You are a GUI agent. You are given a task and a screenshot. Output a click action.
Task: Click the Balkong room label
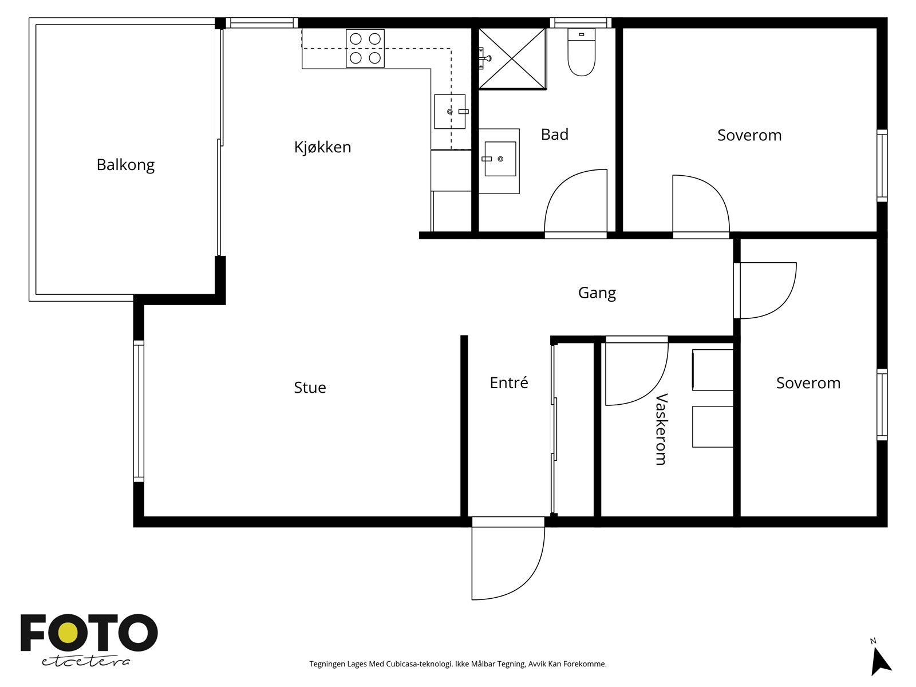pos(125,165)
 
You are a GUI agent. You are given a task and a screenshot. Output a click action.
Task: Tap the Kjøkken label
pos(322,147)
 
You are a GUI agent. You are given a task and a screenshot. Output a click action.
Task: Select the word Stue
pos(310,388)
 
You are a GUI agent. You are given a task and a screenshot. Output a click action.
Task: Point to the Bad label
pos(555,135)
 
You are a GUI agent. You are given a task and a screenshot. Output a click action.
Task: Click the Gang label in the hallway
pos(597,293)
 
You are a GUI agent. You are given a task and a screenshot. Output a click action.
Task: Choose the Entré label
pos(509,382)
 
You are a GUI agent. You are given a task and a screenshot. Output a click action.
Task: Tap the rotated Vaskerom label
pos(661,429)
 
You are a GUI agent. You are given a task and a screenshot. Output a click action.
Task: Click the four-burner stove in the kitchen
pos(365,49)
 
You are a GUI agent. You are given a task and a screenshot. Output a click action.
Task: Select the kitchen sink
pos(450,112)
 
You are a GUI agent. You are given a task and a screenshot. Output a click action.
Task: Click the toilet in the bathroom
pos(581,52)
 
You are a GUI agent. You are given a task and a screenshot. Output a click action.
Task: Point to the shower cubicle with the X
pos(512,58)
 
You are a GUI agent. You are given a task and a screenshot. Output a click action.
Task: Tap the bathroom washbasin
pos(499,161)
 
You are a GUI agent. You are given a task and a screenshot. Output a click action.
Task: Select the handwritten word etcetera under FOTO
pos(86,662)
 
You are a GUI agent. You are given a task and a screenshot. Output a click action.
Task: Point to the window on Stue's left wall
pos(139,411)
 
